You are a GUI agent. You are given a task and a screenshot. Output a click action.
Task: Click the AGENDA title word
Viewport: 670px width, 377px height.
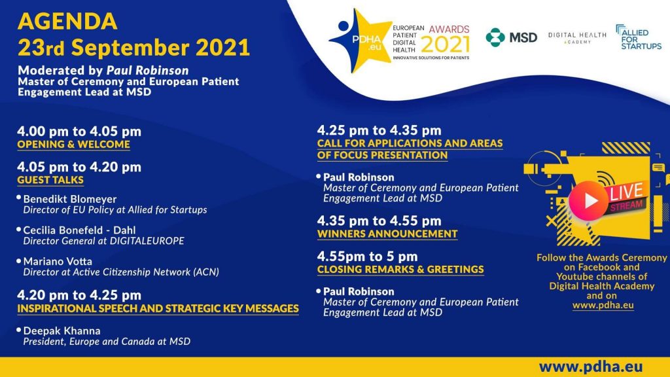(67, 22)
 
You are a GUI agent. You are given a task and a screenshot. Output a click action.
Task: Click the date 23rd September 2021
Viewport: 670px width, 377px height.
(133, 47)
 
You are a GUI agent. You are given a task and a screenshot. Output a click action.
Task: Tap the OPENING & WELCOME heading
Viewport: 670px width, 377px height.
(73, 145)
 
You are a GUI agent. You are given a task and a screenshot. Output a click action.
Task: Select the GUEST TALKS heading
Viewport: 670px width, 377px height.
(50, 180)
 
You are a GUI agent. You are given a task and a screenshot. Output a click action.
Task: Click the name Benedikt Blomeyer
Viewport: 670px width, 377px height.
(69, 199)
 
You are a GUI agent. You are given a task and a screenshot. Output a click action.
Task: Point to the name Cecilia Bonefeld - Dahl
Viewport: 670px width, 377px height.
(79, 230)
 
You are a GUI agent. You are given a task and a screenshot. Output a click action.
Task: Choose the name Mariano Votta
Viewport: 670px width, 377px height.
(58, 261)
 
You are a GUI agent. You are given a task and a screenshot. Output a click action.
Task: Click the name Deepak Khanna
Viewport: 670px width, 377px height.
(62, 331)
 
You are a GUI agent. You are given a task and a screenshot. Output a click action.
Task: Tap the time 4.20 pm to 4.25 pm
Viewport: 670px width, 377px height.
(79, 295)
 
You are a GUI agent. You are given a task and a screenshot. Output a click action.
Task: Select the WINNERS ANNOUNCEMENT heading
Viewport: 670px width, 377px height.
(387, 234)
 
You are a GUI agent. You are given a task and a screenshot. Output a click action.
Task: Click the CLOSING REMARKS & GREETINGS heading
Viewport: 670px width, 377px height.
(400, 269)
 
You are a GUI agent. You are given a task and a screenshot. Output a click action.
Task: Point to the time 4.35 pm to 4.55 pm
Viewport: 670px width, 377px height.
(379, 221)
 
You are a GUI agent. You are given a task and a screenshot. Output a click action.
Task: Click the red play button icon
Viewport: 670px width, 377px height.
(588, 200)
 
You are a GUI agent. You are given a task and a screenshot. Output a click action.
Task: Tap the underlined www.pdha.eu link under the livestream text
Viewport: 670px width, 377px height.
(603, 305)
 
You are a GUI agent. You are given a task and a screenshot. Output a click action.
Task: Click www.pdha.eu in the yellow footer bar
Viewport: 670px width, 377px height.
(591, 367)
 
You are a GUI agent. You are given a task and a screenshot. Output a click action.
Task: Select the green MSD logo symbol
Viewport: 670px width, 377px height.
(495, 37)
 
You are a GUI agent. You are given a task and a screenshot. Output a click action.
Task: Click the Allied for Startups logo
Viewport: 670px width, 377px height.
(639, 37)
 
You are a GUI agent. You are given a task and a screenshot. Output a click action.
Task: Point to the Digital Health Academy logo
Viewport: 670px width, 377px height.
(577, 37)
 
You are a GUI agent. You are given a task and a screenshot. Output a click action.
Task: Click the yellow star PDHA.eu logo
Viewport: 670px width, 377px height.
(360, 41)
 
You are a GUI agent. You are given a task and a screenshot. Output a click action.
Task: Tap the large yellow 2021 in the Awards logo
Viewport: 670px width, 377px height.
(445, 45)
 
